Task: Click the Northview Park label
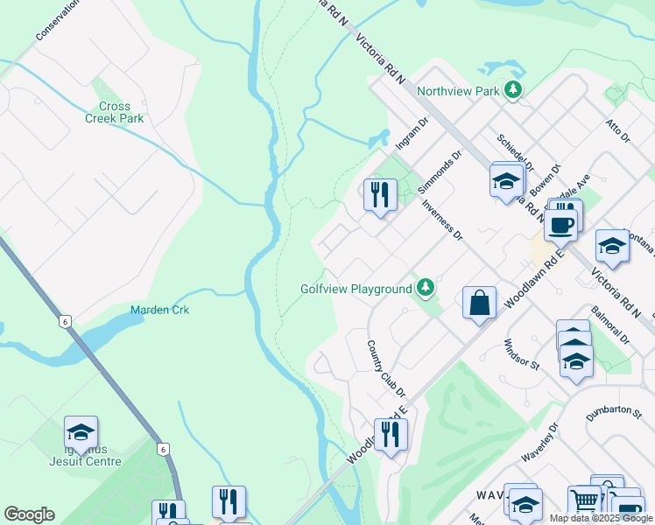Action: click(458, 90)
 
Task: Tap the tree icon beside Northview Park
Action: click(513, 89)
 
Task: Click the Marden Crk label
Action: click(159, 310)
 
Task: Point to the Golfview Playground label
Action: click(356, 289)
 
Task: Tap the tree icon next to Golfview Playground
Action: click(425, 287)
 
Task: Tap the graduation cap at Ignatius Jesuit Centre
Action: click(81, 431)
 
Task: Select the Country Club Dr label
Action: click(382, 365)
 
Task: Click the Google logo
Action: click(29, 514)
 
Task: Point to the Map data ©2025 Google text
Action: click(600, 518)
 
